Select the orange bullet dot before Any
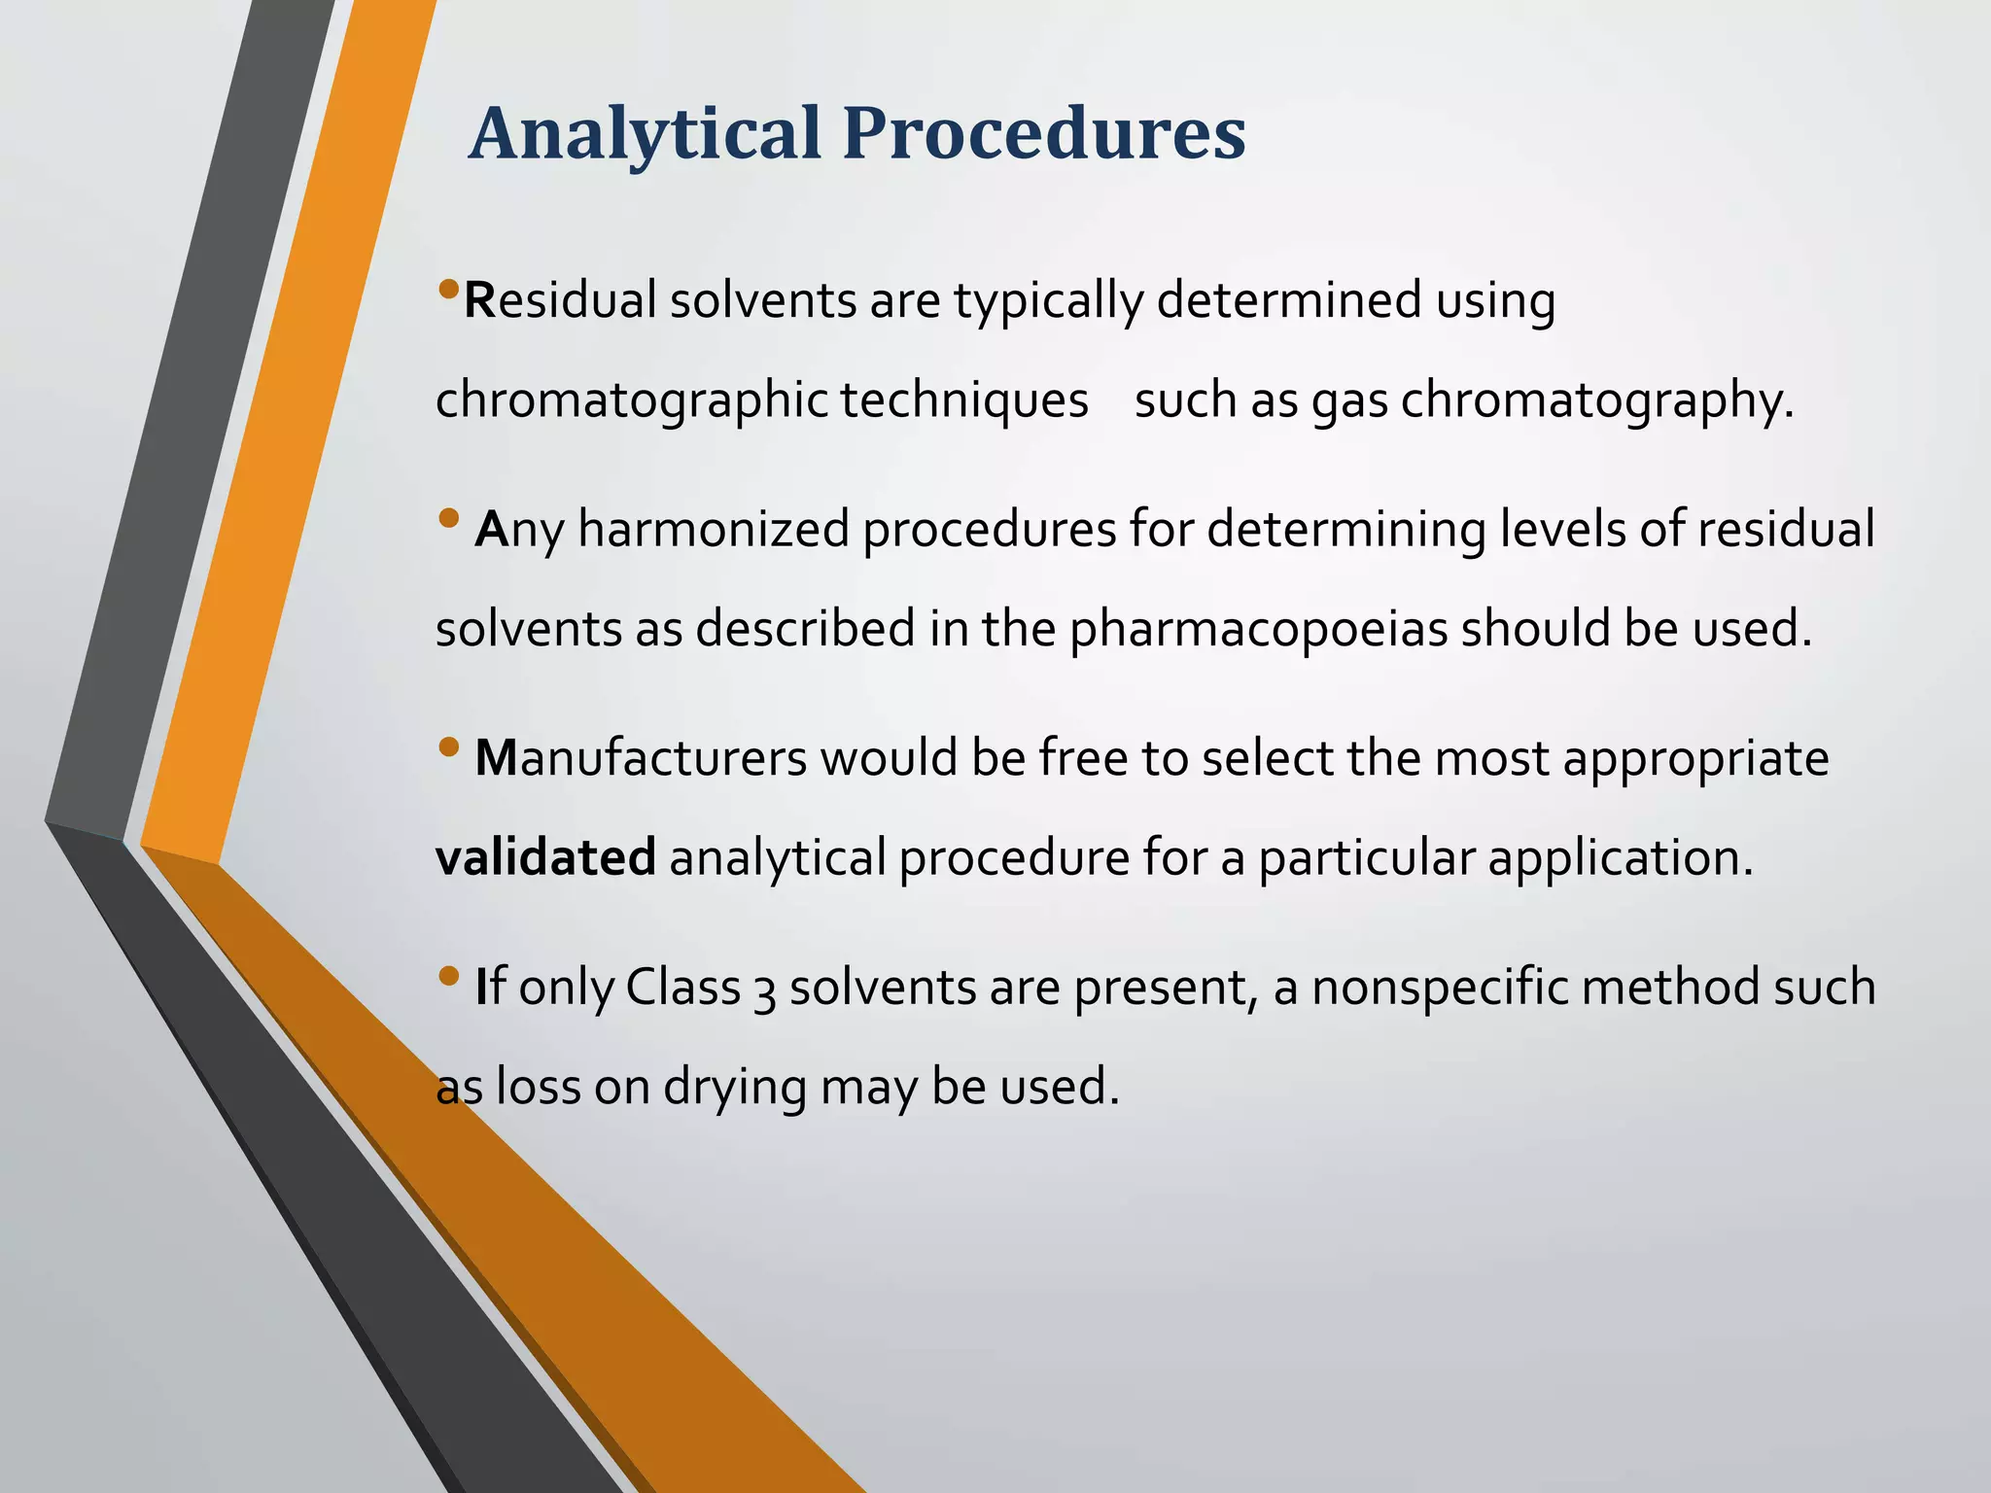[x=448, y=518]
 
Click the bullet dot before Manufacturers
[x=448, y=746]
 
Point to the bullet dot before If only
[x=448, y=976]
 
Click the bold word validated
[x=545, y=857]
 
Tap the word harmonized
[x=714, y=530]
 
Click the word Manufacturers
[x=641, y=759]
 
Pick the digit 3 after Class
[x=764, y=990]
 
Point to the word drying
[x=735, y=1088]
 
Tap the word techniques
[x=963, y=400]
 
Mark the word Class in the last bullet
[x=682, y=988]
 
